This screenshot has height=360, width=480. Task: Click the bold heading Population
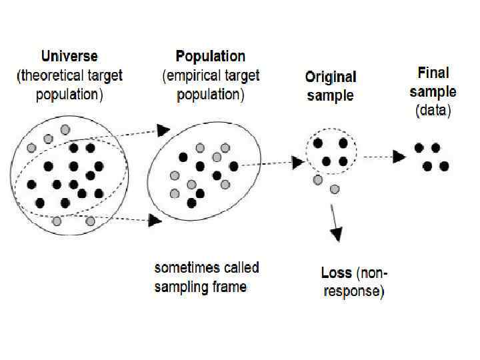coord(211,56)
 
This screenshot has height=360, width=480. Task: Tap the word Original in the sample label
coord(331,77)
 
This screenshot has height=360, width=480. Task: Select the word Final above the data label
coord(433,72)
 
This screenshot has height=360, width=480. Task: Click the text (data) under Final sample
coord(433,111)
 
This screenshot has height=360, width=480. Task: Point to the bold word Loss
coord(336,273)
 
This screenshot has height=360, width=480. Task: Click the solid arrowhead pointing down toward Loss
coord(337,233)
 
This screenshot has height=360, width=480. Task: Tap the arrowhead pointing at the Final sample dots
coord(399,157)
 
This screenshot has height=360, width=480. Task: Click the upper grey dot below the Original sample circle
coord(318,179)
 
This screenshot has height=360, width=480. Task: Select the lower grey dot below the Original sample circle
coord(335,189)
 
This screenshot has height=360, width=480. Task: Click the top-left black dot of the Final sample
coord(419,148)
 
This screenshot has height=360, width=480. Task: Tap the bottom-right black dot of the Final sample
coord(444,166)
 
